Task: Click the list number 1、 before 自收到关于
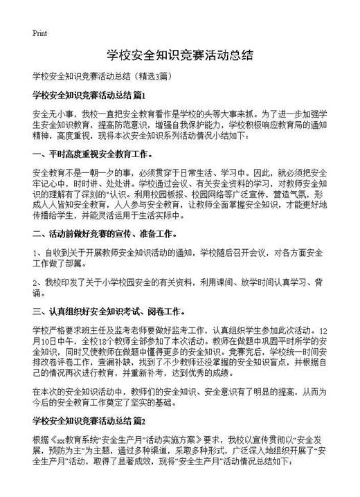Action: click(x=37, y=253)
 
